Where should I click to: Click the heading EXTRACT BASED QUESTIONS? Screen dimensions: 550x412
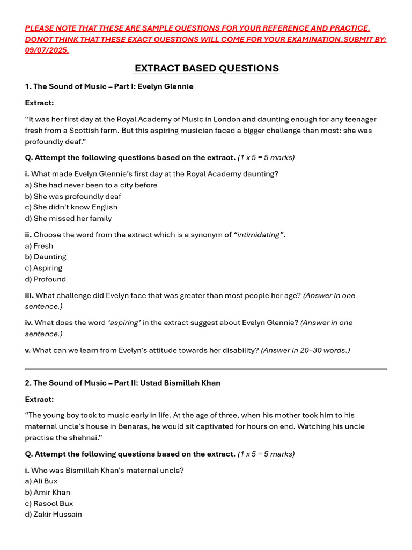coord(207,68)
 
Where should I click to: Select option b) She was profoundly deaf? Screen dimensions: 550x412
coord(73,196)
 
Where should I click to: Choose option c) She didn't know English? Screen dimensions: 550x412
coord(71,207)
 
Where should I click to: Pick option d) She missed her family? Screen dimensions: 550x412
coord(68,219)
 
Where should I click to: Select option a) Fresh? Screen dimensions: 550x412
coord(39,246)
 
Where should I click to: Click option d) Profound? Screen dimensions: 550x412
coord(46,279)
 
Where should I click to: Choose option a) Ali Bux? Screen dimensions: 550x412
coord(41,481)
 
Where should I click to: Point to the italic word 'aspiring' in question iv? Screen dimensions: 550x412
coord(124,323)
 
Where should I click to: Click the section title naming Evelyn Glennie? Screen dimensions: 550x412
coord(109,86)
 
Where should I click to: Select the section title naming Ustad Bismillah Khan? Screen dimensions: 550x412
coord(122,383)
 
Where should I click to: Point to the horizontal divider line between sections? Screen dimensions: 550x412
coord(206,369)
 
